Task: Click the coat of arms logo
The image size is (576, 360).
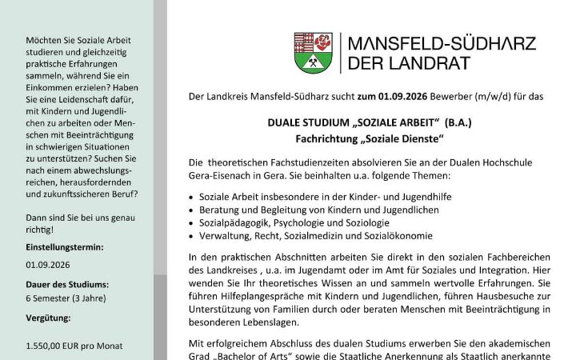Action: point(314,53)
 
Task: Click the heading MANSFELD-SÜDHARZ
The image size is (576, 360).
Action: point(442,43)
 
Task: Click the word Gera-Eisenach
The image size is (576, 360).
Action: point(223,174)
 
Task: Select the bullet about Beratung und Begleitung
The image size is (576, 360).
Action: point(305,209)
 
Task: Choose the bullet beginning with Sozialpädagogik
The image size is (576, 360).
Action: point(294,222)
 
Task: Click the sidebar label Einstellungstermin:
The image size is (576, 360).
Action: point(64,247)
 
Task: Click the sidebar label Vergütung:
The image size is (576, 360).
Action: point(48,318)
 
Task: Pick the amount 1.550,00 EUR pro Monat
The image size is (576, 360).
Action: point(74,346)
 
